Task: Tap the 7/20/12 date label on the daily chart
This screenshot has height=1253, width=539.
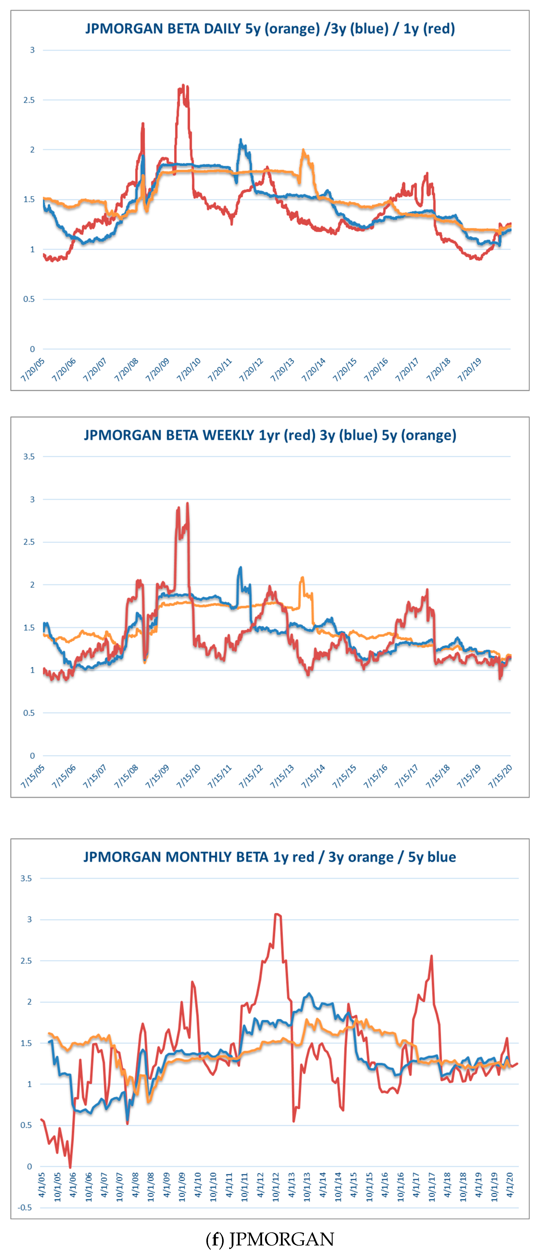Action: click(x=251, y=370)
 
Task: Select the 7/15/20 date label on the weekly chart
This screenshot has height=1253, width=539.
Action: click(x=501, y=776)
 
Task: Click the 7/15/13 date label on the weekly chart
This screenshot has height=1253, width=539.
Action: click(x=282, y=776)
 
